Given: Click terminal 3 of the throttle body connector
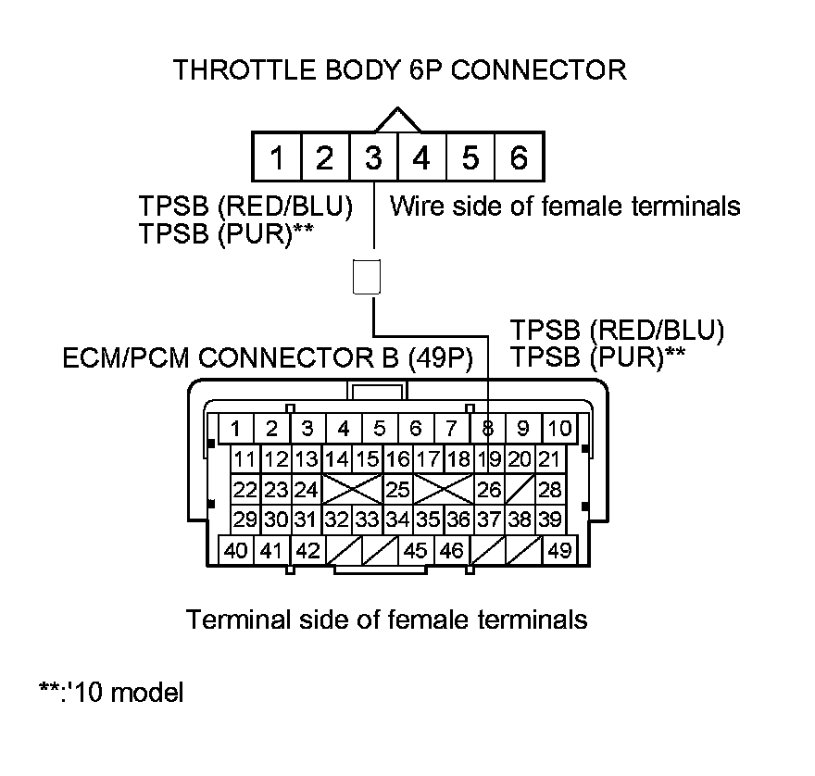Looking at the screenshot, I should click(373, 158).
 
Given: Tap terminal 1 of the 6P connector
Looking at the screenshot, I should click(276, 158).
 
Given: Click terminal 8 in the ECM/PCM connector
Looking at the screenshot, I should click(487, 428).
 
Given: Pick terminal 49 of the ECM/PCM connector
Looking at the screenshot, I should click(558, 550).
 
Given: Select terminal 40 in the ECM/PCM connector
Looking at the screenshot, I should click(236, 550).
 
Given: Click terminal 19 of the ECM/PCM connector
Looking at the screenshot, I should click(488, 458).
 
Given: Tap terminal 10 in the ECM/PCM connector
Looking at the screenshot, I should click(558, 428).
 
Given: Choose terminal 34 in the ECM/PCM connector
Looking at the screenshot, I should click(397, 519).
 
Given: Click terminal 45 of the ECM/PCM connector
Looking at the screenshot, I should click(417, 550).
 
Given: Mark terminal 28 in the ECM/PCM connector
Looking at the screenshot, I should click(549, 489).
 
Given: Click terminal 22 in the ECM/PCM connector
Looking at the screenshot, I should click(244, 489).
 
